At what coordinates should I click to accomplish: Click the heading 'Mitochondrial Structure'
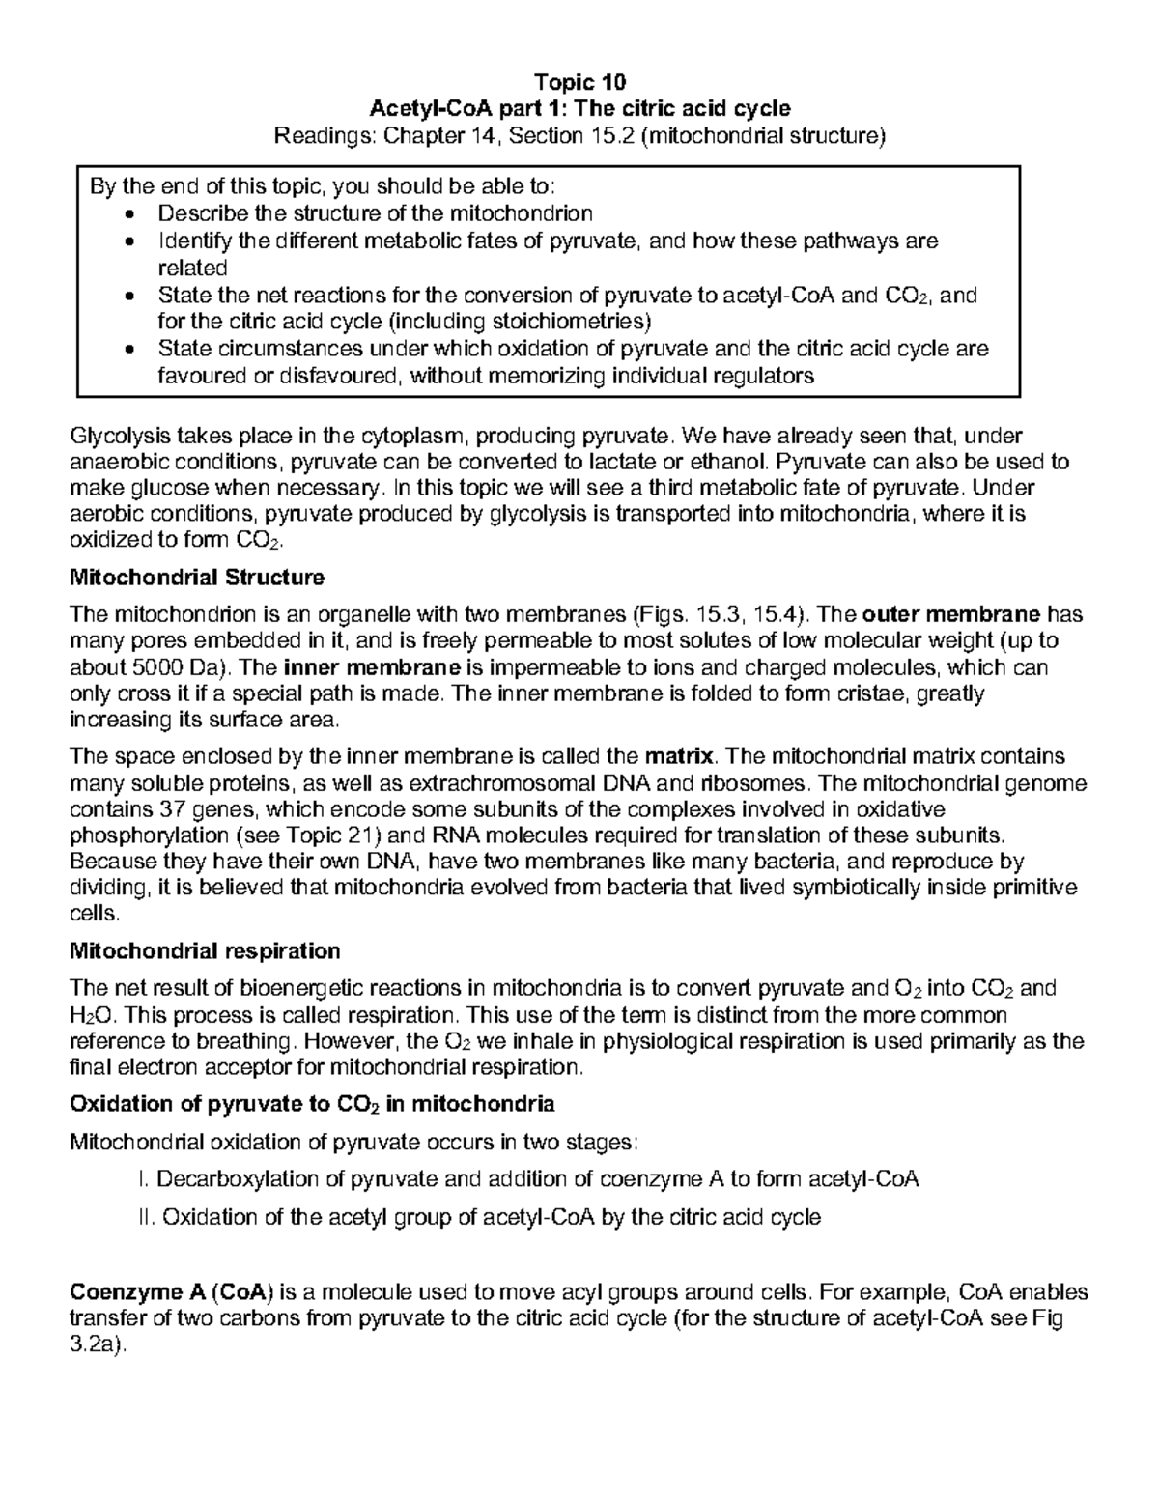[x=198, y=578]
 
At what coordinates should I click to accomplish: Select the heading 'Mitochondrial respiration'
[x=206, y=950]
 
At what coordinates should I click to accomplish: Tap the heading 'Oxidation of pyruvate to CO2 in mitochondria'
[x=313, y=1103]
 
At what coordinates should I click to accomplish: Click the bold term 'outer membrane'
[x=950, y=614]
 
